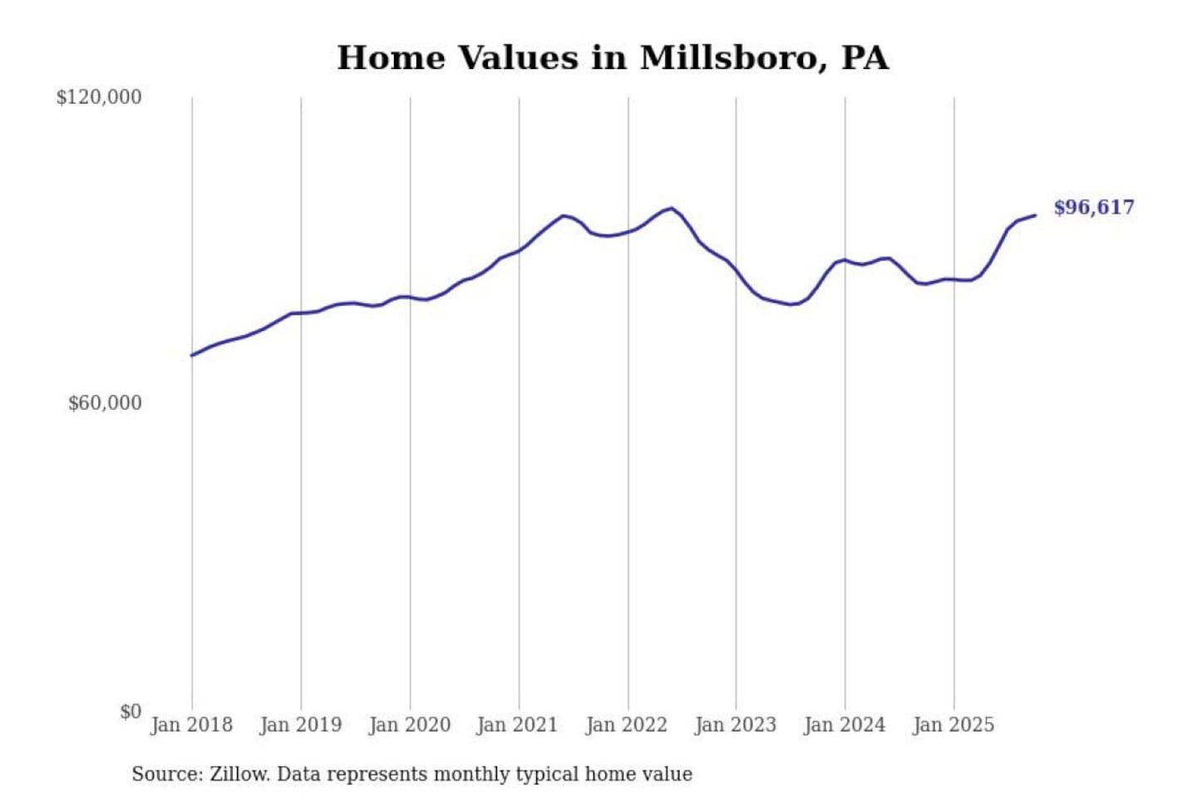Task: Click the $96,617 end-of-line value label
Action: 1093,207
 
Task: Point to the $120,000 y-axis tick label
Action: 99,97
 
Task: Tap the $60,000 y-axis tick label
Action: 105,403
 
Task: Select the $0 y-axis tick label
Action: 131,712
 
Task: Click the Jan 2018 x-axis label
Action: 191,725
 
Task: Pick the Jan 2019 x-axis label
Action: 300,725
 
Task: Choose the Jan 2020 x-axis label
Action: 409,725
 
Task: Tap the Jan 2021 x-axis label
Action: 517,725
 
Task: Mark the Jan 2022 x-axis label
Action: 626,725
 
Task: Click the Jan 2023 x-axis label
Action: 735,725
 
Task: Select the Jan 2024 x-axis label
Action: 844,725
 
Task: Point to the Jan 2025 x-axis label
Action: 953,725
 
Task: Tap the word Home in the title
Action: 391,58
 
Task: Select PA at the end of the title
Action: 864,58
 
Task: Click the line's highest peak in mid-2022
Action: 671,208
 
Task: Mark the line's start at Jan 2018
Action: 192,356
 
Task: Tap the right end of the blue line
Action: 1036,215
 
